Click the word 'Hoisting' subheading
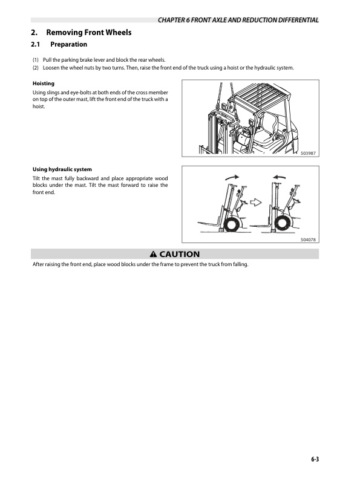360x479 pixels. (x=44, y=83)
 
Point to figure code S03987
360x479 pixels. (x=308, y=154)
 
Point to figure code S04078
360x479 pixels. (x=308, y=239)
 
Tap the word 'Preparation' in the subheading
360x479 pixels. (x=69, y=45)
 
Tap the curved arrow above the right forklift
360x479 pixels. (x=280, y=177)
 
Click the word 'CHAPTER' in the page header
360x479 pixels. (x=172, y=21)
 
